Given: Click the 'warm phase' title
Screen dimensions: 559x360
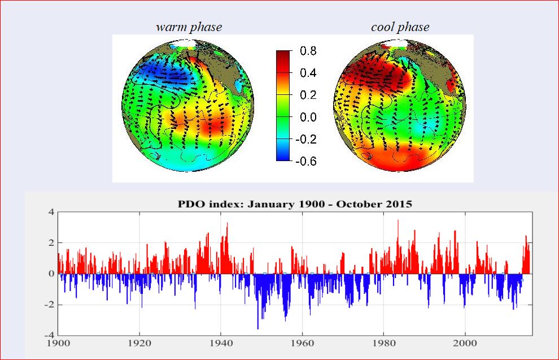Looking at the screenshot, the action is point(189,27).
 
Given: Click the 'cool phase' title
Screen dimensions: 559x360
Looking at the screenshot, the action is point(400,27).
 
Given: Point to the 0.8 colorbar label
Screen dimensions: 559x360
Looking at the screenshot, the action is point(308,51).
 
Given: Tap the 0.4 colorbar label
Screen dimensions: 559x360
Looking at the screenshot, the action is point(308,73).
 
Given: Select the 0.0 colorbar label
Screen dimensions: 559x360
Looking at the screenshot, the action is point(308,117).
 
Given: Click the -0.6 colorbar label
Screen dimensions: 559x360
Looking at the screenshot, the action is point(306,161).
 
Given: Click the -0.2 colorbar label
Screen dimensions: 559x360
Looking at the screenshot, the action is point(306,139).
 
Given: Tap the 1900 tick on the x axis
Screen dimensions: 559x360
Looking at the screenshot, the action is point(58,343).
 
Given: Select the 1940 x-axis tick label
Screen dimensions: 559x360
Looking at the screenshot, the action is point(221,343).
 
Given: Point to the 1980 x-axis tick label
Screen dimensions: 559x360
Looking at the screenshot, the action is point(384,343).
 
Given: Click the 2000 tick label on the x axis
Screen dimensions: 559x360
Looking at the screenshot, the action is point(465,343).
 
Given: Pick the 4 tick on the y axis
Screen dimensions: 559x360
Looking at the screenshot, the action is point(51,212).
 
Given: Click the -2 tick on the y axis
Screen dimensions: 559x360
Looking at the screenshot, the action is point(49,305).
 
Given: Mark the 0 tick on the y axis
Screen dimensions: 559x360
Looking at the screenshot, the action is point(51,274).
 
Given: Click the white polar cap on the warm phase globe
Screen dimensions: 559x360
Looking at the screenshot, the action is point(183,44).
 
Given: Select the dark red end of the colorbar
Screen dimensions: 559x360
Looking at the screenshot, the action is point(283,55).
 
